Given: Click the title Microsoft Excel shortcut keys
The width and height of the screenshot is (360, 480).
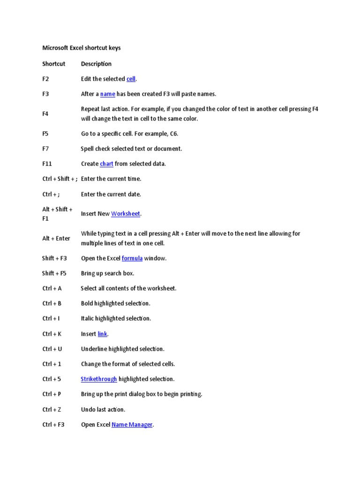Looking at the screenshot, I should [x=81, y=48].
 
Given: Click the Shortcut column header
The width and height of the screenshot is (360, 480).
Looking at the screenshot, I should [x=54, y=64].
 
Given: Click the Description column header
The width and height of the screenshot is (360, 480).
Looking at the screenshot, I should [x=96, y=64].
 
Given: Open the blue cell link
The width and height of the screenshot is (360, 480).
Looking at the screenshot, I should [x=131, y=79].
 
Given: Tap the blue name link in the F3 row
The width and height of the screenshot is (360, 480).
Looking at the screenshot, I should [x=107, y=94].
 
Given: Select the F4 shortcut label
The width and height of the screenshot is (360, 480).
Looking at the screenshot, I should [x=45, y=114].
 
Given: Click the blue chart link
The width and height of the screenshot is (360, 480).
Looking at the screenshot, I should [x=106, y=164].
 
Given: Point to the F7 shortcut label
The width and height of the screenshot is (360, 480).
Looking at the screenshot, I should [x=45, y=149].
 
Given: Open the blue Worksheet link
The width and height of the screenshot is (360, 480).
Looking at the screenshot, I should [x=125, y=214].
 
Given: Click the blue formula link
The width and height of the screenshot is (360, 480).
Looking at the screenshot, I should [x=132, y=258].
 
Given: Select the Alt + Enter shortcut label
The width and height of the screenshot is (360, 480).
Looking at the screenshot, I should [x=56, y=238].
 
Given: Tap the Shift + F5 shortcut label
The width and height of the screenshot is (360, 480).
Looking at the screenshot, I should [x=54, y=273].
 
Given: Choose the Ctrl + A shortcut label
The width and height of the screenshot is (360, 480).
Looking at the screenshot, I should [x=52, y=288].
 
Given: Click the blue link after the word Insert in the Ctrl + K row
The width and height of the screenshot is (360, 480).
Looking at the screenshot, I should [x=102, y=334].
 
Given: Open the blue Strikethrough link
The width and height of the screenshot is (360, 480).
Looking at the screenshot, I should [x=98, y=379].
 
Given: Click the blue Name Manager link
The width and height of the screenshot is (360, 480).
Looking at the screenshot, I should [x=132, y=425].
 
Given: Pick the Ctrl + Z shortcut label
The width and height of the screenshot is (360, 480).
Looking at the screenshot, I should [x=52, y=410].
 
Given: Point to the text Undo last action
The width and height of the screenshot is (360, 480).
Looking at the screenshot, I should [x=103, y=410].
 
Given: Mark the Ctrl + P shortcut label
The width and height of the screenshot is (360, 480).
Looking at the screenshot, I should [x=52, y=394].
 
